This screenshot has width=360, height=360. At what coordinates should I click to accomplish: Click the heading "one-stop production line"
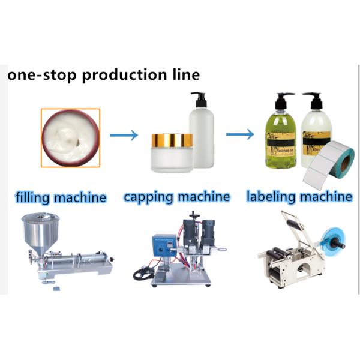pyautogui.click(x=103, y=76)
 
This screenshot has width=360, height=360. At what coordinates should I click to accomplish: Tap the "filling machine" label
pyautogui.click(x=61, y=197)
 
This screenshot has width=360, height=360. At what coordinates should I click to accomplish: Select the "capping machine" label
pyautogui.click(x=176, y=196)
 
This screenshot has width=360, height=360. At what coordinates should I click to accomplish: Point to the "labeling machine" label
pyautogui.click(x=299, y=196)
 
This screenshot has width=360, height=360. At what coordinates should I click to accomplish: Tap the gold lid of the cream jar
pyautogui.click(x=171, y=141)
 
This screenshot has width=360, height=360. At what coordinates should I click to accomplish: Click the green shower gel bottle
pyautogui.click(x=281, y=135)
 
